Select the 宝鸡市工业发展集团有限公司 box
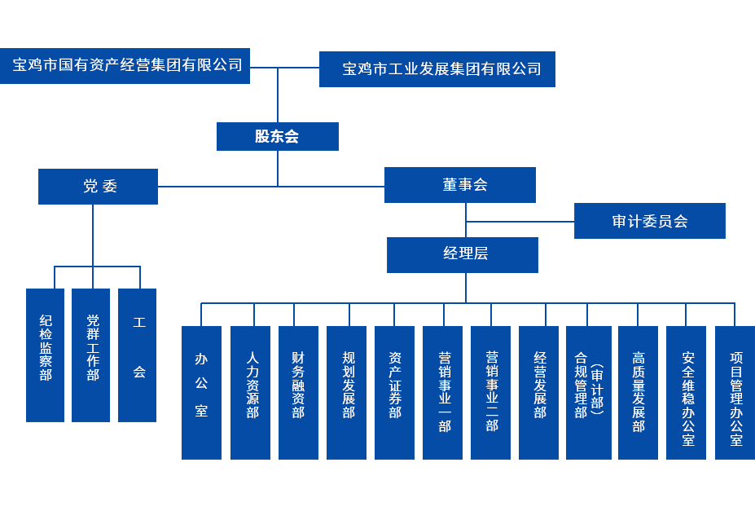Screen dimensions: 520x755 (x=437, y=69)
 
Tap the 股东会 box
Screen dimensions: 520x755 (x=277, y=136)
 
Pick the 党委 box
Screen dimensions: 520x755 (x=98, y=187)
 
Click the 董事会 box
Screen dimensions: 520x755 (x=460, y=185)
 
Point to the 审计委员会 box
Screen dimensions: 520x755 (x=649, y=221)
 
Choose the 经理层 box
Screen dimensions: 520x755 (x=462, y=254)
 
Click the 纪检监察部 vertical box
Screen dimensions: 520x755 (x=45, y=355)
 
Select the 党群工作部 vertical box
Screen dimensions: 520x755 (x=90, y=355)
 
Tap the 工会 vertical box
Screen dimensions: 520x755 (x=137, y=355)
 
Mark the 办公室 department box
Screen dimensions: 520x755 (x=201, y=393)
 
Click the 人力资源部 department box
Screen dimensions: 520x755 (x=250, y=393)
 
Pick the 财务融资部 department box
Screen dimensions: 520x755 (x=298, y=393)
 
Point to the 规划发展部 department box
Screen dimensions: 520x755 (x=346, y=393)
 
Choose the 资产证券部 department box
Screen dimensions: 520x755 (x=394, y=393)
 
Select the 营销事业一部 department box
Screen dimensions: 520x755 (x=442, y=393)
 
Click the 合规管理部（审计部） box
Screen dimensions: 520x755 (x=588, y=393)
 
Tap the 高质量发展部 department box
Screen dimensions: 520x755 (x=638, y=393)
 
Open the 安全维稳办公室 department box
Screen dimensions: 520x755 (x=686, y=393)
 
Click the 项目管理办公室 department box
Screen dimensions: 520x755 (x=735, y=393)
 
